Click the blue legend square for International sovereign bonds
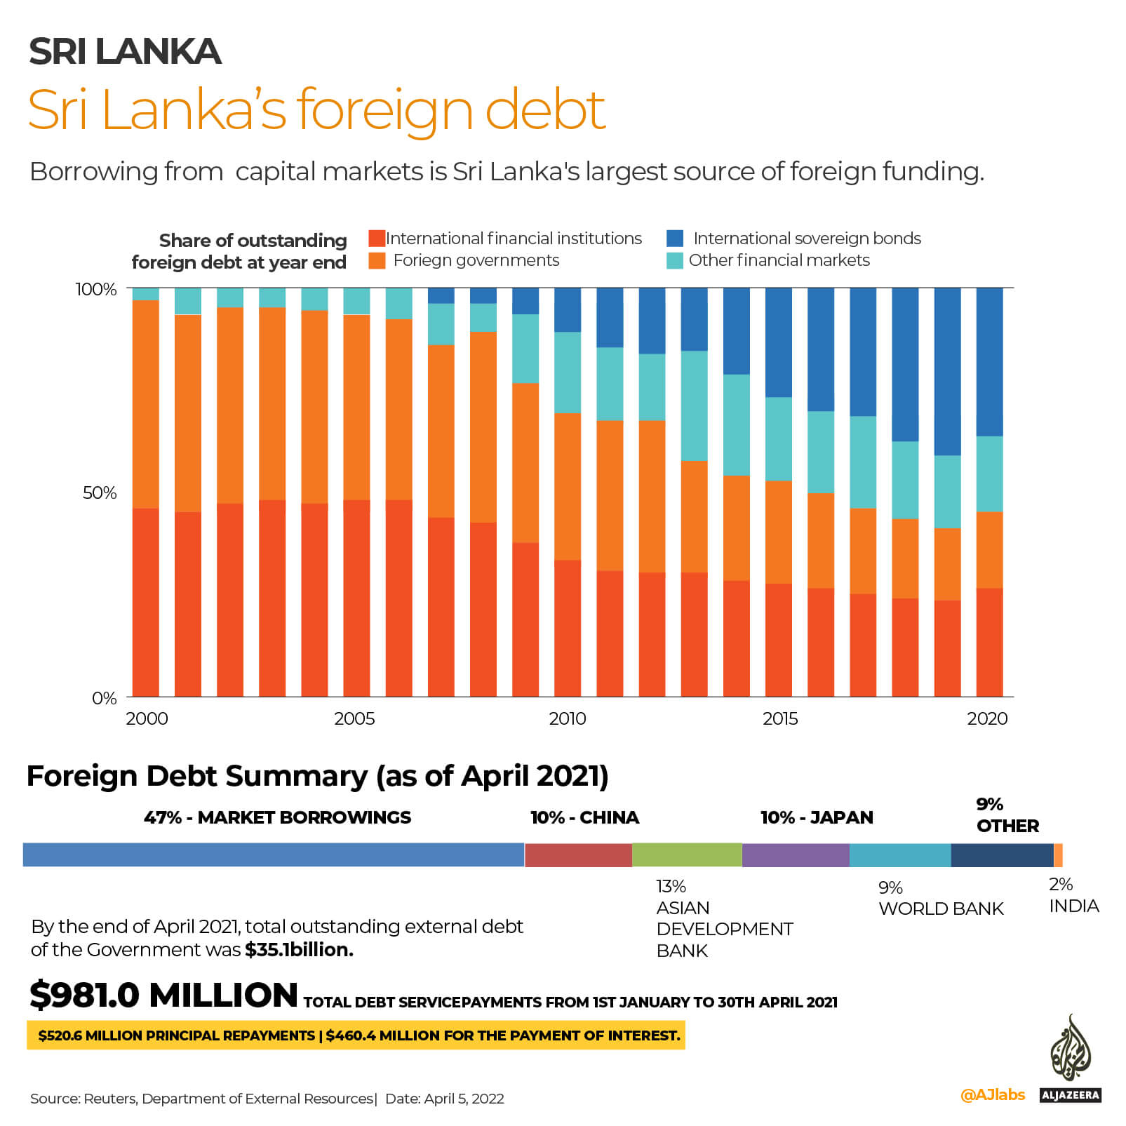(675, 238)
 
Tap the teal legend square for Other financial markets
(675, 260)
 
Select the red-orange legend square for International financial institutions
(377, 238)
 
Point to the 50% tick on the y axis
(99, 492)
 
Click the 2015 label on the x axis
(779, 718)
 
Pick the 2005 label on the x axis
(354, 718)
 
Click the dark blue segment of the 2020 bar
(989, 361)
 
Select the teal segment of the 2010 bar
(568, 373)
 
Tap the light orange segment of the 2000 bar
(146, 403)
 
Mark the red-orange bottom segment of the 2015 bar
(779, 639)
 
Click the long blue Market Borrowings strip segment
(274, 855)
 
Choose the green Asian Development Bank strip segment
(687, 855)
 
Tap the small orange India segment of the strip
(1058, 855)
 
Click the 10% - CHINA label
(584, 817)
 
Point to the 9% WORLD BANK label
(940, 899)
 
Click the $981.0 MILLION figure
(163, 995)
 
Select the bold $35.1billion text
(299, 949)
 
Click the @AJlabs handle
(992, 1094)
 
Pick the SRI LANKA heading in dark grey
(125, 51)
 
